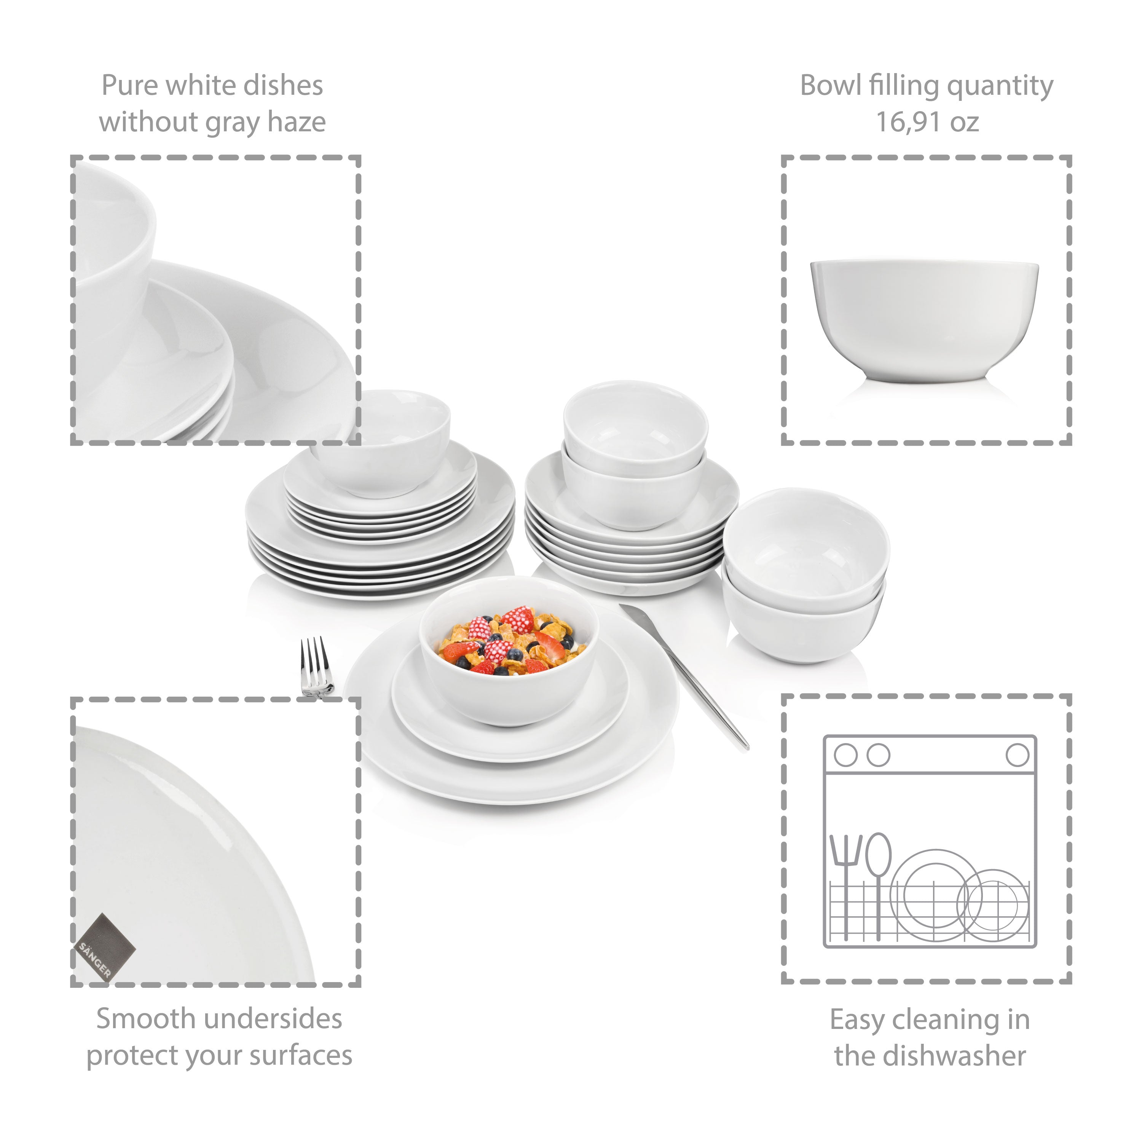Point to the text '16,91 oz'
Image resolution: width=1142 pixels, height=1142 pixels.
pos(927,122)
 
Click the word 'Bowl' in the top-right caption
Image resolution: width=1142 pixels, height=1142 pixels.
pos(831,85)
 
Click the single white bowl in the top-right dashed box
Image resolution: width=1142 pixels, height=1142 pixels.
pos(925,320)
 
